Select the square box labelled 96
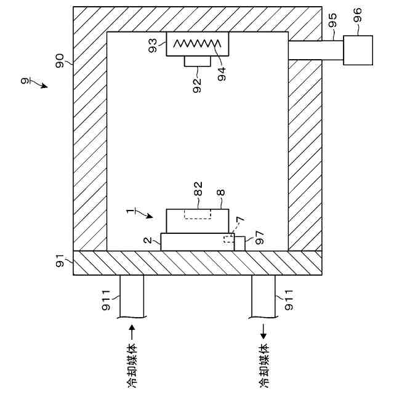pos(358,50)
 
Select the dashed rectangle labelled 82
pos(197,214)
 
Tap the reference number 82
pos(199,193)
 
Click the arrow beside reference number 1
pos(145,215)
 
